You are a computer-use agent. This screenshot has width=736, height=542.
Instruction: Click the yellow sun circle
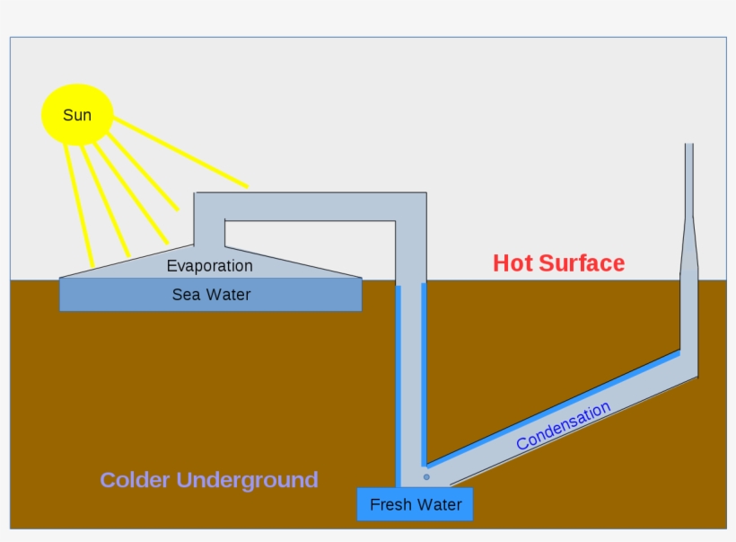tap(77, 114)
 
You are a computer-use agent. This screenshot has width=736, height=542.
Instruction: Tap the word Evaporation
tap(209, 266)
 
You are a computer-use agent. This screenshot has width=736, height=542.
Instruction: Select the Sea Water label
tap(211, 294)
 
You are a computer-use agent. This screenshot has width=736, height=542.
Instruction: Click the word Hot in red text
tap(514, 263)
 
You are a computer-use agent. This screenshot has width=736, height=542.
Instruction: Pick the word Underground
tap(247, 480)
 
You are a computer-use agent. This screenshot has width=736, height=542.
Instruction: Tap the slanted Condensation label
tap(563, 426)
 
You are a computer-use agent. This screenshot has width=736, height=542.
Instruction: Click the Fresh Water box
tap(415, 504)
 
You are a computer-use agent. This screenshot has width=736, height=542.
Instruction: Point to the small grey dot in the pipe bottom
tap(426, 476)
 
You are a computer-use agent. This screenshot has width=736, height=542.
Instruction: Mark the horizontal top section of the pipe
tap(305, 206)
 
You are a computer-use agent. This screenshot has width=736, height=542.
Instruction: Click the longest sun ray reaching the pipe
tap(180, 153)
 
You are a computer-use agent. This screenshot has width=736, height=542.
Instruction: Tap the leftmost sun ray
tap(78, 202)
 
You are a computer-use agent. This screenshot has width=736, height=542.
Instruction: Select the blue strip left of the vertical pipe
tap(398, 387)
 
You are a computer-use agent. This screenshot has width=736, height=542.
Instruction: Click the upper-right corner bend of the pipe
tap(410, 207)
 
